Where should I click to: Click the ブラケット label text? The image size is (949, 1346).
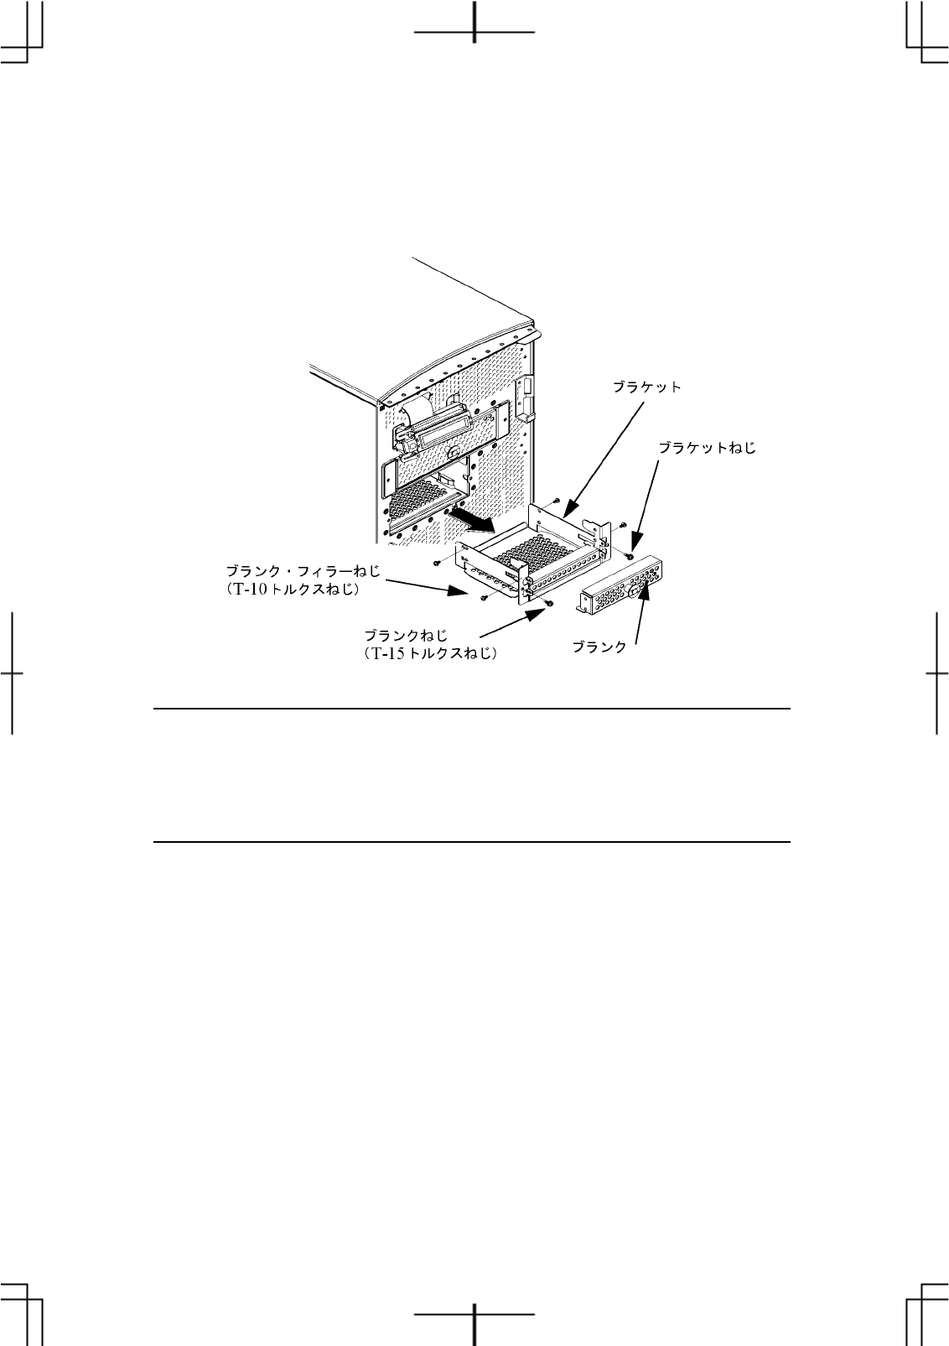(x=647, y=387)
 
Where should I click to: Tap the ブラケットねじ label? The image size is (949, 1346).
(x=707, y=448)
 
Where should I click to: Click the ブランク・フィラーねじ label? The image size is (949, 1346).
(x=303, y=572)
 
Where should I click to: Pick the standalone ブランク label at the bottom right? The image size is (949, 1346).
(x=599, y=647)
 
